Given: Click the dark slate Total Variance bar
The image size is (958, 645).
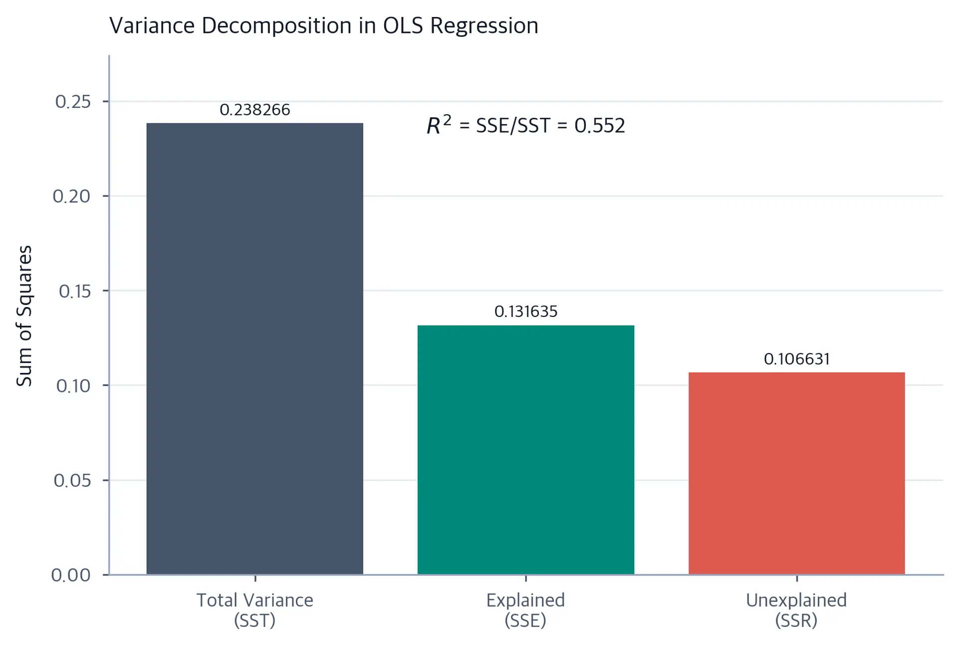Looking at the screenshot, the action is point(254,348).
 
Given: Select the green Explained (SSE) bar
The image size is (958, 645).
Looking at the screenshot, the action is point(525,450).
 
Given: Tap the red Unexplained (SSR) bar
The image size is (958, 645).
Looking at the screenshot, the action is point(796,473).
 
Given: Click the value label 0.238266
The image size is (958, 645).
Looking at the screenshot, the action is point(254,110).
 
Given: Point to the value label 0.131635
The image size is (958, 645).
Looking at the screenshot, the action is point(526,312).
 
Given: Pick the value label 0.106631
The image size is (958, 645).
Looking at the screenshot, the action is point(797,359).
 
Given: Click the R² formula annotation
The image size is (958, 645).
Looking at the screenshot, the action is point(526,125).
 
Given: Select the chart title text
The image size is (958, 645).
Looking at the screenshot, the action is point(324,25).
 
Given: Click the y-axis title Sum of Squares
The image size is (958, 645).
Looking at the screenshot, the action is point(24,316).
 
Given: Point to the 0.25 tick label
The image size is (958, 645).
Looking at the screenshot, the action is point(73,102).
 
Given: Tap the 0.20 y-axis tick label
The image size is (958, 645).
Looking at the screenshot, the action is point(72,196).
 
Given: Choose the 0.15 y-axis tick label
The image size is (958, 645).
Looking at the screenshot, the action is point(75,291).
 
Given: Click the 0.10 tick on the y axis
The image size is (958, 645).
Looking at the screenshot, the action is point(73,386).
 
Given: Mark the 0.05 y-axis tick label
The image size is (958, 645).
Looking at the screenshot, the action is point(72,480).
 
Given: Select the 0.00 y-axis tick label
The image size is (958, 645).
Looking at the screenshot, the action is point(71,575).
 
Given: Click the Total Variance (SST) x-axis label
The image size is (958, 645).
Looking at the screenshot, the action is point(254,610).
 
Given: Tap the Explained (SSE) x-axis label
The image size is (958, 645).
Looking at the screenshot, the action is point(525,610).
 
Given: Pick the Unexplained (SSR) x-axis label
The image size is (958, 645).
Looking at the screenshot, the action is point(796,610).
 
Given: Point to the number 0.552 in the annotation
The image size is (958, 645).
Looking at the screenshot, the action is point(600,125).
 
